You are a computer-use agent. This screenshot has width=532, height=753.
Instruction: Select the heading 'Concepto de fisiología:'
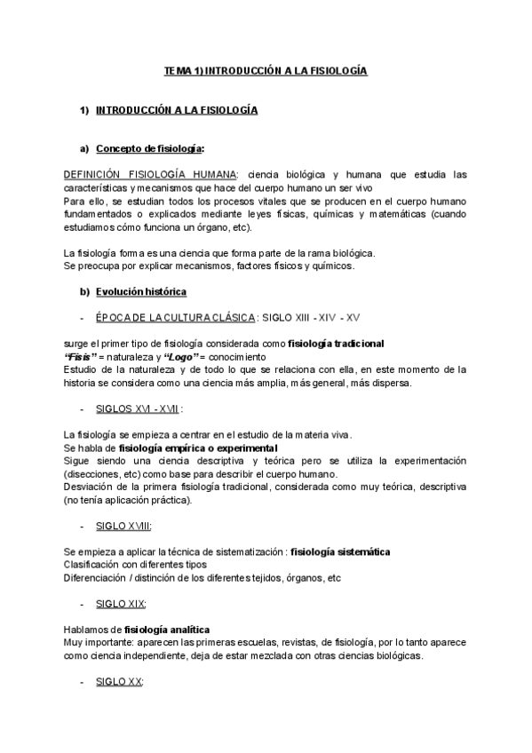150,148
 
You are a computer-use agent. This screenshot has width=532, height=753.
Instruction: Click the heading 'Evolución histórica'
141,291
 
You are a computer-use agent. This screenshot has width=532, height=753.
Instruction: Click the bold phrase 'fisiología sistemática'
340,551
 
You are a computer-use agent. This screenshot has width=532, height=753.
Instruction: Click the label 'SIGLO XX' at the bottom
119,682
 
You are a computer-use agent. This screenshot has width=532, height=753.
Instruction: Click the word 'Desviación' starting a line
88,487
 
